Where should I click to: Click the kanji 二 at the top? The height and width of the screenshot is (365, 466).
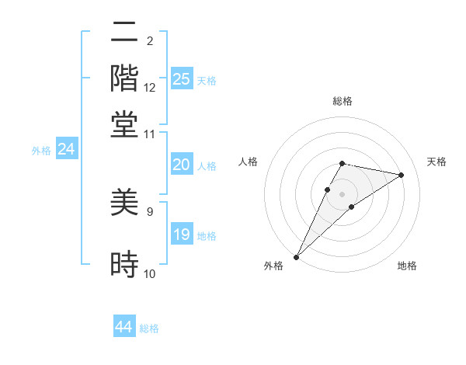124,33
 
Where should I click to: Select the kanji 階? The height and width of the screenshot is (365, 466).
124,78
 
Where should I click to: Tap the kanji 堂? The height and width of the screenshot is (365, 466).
124,124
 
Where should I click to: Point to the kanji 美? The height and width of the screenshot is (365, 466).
124,203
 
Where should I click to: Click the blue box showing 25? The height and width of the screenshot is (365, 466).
181,78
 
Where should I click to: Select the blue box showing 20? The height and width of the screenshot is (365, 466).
181,165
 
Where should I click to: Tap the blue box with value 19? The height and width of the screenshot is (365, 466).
181,235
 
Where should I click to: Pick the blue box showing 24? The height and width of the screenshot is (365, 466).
66,150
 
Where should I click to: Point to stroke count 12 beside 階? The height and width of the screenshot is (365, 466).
150,88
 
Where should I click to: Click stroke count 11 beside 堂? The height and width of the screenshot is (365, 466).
150,134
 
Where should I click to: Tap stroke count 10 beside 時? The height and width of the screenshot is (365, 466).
150,274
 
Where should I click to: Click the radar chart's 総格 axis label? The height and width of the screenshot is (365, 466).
342,101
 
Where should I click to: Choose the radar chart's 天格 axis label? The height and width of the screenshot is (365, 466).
436,162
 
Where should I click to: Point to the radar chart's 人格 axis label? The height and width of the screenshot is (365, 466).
249,162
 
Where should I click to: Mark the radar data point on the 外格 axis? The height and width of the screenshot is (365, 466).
297,256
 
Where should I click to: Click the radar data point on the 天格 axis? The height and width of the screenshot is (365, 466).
402,175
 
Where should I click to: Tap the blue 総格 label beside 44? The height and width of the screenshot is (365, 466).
149,328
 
